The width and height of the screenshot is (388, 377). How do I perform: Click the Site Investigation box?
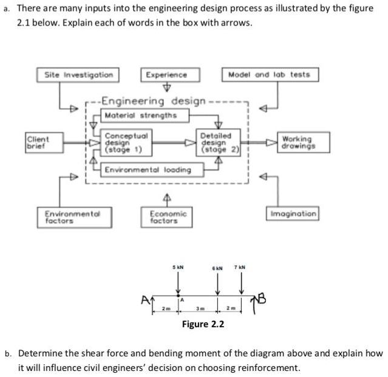coord(78,75)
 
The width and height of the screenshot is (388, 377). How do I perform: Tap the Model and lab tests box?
coord(268,75)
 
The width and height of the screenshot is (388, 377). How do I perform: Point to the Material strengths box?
coord(141,115)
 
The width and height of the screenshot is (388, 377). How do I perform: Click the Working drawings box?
coord(296,142)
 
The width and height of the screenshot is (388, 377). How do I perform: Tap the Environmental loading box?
coord(148,170)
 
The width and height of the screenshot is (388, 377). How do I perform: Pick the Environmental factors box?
coord(71,217)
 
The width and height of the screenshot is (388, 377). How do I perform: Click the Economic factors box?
coord(168,217)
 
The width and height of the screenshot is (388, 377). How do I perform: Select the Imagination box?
coord(293,214)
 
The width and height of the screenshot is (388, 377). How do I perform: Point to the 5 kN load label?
coord(177,267)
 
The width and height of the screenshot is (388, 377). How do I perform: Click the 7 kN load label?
coord(241,267)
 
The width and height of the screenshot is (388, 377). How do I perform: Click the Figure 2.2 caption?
coord(203,324)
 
